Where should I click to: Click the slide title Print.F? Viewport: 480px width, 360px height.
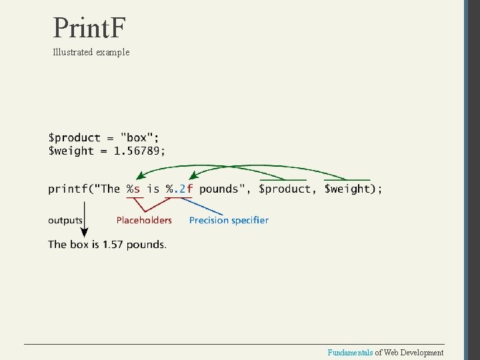pyautogui.click(x=89, y=28)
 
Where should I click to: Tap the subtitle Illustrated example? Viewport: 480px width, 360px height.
pyautogui.click(x=91, y=52)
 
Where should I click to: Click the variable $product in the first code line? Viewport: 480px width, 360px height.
pyautogui.click(x=74, y=138)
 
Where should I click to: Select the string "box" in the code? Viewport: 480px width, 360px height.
pyautogui.click(x=137, y=138)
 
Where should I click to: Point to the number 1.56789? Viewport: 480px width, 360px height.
pyautogui.click(x=138, y=151)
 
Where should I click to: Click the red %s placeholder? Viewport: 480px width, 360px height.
pyautogui.click(x=133, y=189)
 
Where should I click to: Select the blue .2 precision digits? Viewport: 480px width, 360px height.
pyautogui.click(x=179, y=189)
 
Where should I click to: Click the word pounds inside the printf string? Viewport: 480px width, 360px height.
pyautogui.click(x=218, y=189)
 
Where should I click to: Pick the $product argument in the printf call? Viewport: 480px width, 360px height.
pyautogui.click(x=285, y=189)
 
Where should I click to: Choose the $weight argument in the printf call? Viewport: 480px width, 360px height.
pyautogui.click(x=347, y=189)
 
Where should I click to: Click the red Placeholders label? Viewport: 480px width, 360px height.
pyautogui.click(x=144, y=220)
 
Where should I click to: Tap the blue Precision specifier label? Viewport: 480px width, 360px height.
pyautogui.click(x=229, y=220)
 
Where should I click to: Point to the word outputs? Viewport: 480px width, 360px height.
pyautogui.click(x=65, y=220)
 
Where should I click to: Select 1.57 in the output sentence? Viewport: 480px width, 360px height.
pyautogui.click(x=112, y=245)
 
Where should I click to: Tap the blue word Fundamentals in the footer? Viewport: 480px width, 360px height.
pyautogui.click(x=350, y=353)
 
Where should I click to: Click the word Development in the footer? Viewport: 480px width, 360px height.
pyautogui.click(x=422, y=353)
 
